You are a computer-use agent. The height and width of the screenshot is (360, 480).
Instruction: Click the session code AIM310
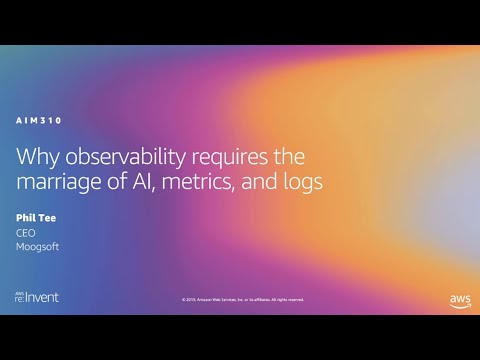(x=40, y=121)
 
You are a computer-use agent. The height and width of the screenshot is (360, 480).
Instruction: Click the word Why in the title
(x=36, y=158)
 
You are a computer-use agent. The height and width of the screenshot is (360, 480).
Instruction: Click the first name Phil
(x=26, y=215)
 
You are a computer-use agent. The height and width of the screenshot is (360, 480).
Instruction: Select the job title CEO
(x=26, y=231)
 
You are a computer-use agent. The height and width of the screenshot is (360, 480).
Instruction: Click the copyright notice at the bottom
(x=243, y=299)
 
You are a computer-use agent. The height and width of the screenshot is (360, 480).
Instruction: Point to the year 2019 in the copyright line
(x=189, y=299)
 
